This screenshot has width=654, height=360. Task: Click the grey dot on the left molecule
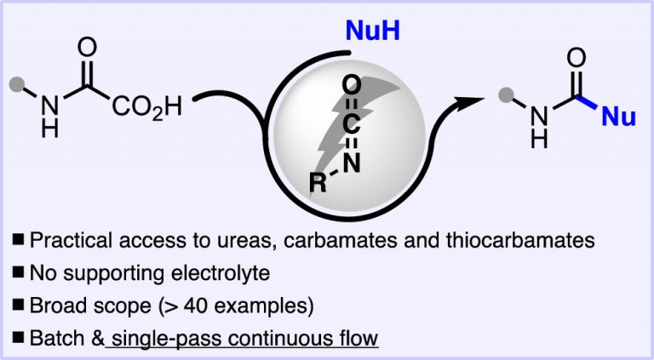tap(15, 83)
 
